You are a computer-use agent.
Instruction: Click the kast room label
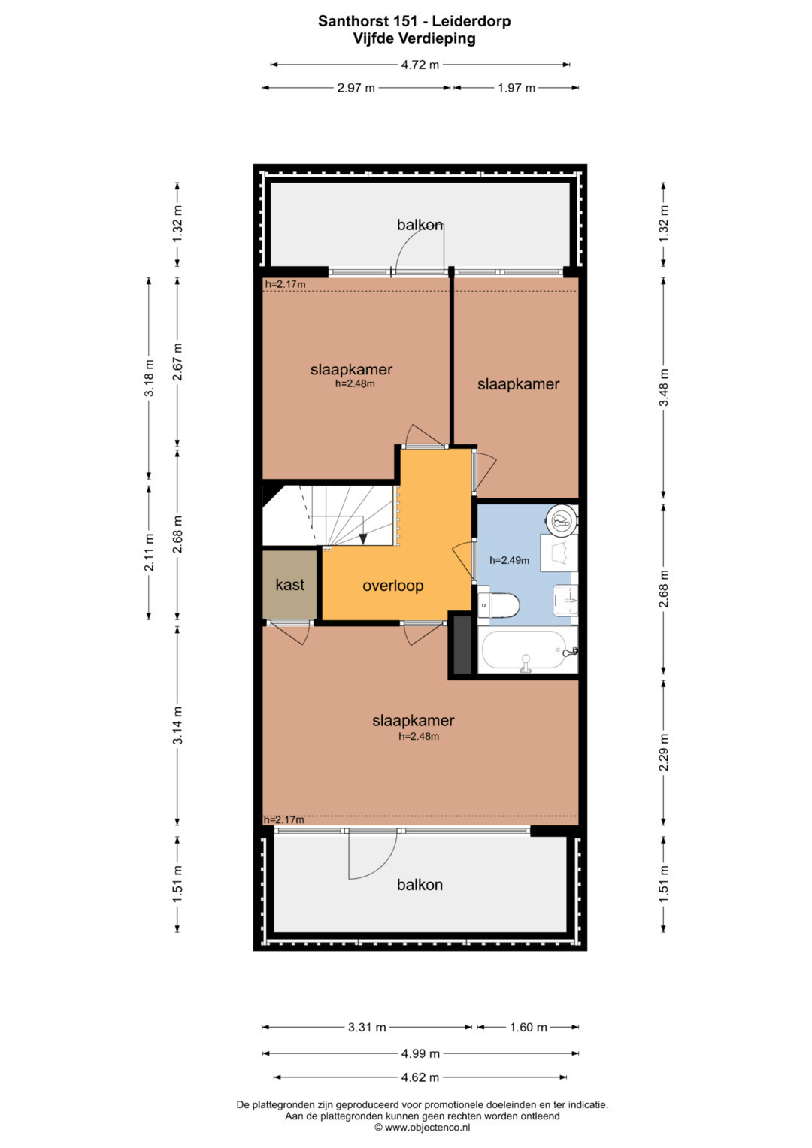(x=289, y=585)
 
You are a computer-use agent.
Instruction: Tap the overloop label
(x=392, y=586)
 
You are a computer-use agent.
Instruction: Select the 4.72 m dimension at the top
(x=420, y=65)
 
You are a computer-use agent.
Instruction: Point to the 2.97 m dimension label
(x=356, y=88)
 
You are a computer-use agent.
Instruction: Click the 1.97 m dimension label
(x=517, y=88)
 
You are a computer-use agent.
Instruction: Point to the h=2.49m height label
(x=509, y=560)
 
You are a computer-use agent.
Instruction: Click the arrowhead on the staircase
(x=363, y=538)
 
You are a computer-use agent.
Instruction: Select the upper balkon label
(x=420, y=225)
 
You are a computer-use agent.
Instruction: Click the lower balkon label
(x=420, y=885)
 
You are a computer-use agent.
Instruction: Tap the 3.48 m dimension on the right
(x=664, y=387)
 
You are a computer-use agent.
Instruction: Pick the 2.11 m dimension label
(x=149, y=552)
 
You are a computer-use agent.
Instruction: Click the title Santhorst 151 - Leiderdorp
(x=414, y=21)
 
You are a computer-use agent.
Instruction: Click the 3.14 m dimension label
(x=177, y=725)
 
